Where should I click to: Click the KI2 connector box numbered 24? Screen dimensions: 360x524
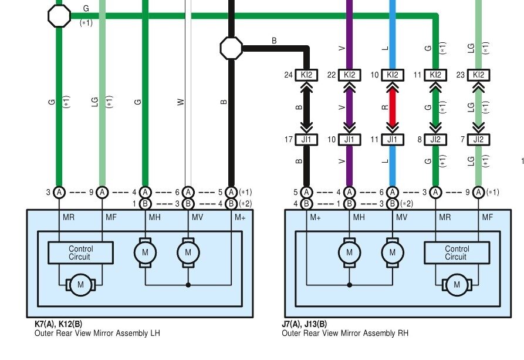307,75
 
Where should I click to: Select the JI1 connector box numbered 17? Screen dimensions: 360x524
307,140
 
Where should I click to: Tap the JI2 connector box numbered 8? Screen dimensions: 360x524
435,140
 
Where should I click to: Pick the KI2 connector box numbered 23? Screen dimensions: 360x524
479,75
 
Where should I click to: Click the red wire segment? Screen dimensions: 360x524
393,107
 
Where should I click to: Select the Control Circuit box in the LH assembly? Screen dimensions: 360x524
80,253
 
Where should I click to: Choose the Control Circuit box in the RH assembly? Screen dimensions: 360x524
456,253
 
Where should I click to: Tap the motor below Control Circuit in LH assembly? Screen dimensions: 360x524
80,285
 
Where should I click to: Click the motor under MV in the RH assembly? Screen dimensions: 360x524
393,253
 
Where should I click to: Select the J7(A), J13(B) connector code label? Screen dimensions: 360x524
305,324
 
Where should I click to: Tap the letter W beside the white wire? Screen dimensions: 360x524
181,102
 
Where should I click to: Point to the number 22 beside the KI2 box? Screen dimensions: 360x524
331,75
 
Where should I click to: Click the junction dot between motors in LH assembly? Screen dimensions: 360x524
188,285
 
